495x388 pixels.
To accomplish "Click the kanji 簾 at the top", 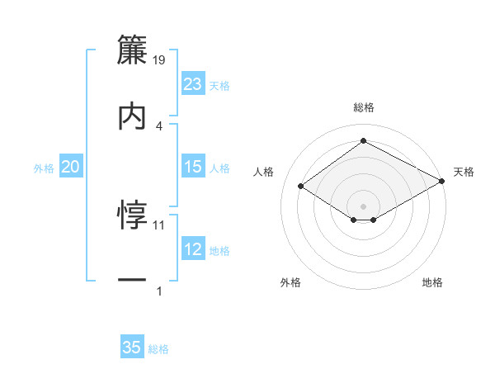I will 132,51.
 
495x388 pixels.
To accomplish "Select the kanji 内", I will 132,116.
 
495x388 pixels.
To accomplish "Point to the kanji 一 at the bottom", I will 132,281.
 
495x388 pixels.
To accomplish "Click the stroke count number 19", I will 160,60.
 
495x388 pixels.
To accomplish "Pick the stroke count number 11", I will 160,225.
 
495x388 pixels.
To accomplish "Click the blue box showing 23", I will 193,84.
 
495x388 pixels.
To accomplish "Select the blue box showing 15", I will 193,167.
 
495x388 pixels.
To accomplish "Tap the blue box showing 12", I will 193,249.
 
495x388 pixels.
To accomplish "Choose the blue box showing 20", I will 71,167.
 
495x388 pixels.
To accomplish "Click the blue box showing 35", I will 132,348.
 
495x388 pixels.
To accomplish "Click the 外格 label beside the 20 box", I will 44,168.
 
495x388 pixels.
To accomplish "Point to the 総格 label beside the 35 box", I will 158,349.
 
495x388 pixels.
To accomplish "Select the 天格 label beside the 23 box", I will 219,86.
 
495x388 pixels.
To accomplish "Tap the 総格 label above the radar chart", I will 363,108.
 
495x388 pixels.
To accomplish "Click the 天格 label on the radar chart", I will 464,172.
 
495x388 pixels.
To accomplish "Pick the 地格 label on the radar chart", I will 432,283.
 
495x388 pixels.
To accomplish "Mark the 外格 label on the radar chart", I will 290,283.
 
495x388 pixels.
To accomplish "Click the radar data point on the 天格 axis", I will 443,182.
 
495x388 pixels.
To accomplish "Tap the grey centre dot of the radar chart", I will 363,206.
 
